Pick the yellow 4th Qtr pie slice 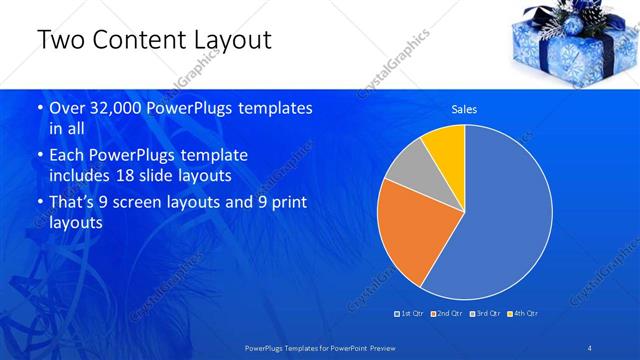[446, 144]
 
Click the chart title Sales [464, 109]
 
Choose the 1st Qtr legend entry [411, 313]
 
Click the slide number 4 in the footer [589, 347]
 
